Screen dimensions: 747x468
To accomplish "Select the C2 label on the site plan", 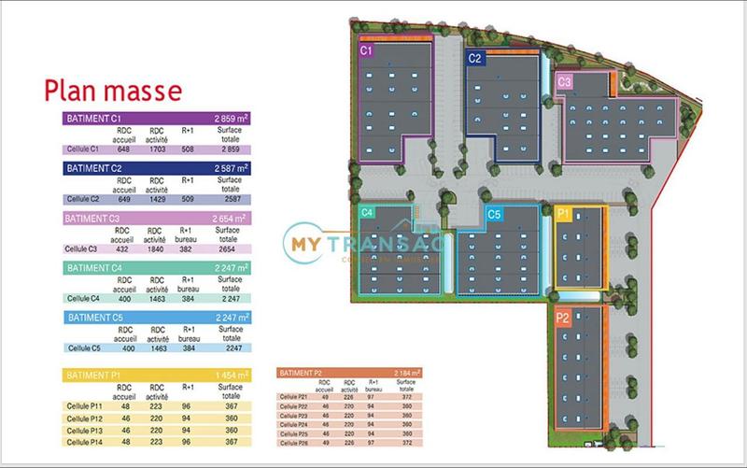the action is click(x=475, y=59).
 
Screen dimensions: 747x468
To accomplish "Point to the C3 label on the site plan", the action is click(x=564, y=82).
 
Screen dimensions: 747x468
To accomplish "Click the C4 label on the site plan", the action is click(x=367, y=213).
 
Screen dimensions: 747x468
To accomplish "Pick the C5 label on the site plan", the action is click(x=495, y=215).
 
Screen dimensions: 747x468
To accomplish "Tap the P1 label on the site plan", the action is click(x=563, y=214).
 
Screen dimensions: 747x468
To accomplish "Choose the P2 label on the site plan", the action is click(x=563, y=318).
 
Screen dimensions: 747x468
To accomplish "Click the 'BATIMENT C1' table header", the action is click(x=93, y=119).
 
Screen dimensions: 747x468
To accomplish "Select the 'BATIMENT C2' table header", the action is click(x=93, y=169).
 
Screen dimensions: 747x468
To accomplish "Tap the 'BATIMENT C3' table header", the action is click(x=93, y=219).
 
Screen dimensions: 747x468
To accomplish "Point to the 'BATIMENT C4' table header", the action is click(x=93, y=269).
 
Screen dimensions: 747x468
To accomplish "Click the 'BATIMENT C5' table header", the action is click(x=93, y=319).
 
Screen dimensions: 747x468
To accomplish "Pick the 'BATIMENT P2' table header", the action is click(x=302, y=373).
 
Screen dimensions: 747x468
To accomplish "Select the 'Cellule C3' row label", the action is click(x=82, y=248).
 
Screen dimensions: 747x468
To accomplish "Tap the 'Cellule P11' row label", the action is click(x=84, y=406).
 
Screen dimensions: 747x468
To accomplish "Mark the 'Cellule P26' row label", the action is click(x=294, y=442).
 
